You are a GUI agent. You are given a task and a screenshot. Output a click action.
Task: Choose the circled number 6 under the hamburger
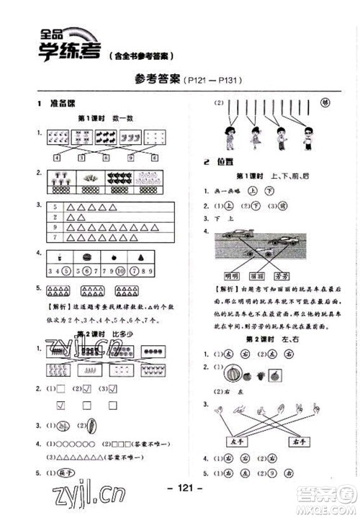(x=86, y=271)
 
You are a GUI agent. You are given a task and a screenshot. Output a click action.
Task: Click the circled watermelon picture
(x=234, y=375)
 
